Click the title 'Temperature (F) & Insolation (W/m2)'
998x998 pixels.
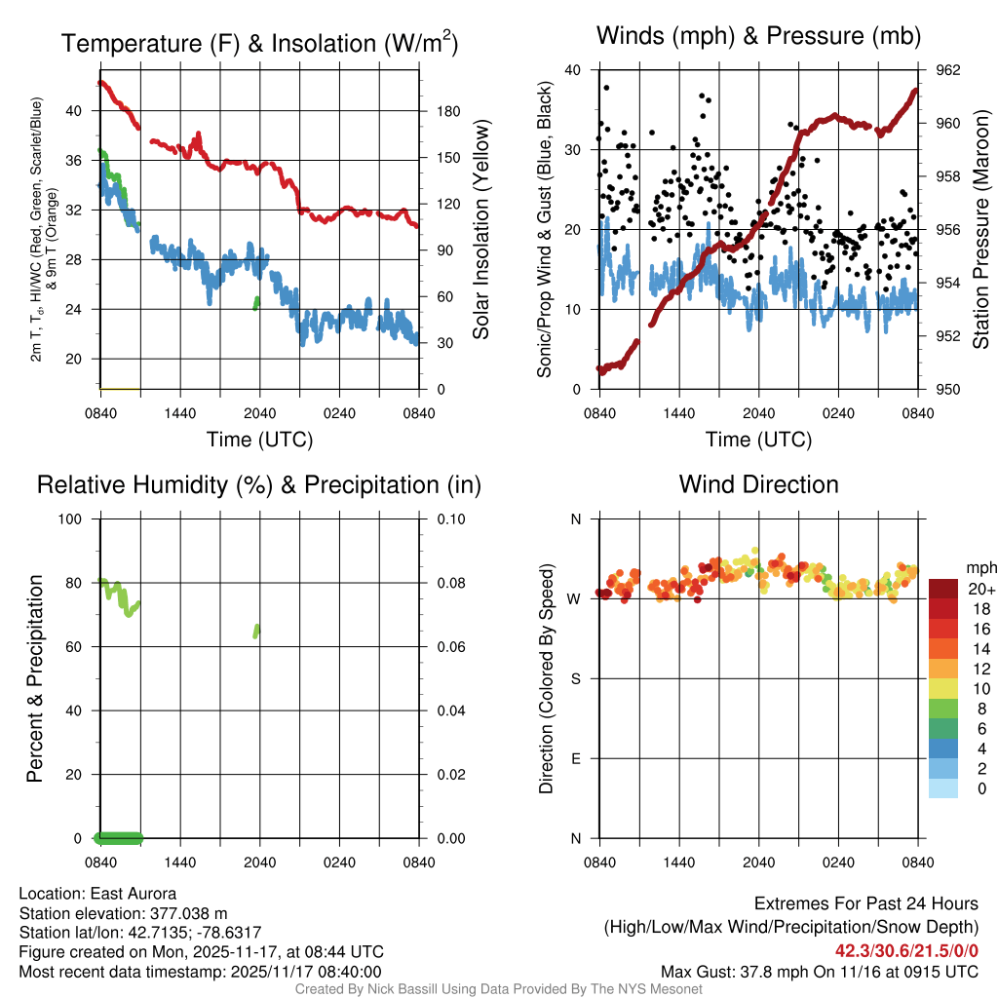point(259,44)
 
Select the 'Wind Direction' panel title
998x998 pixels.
point(758,484)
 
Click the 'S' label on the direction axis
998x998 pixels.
point(576,678)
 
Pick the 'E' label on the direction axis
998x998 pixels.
point(576,758)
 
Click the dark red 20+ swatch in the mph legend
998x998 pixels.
point(942,589)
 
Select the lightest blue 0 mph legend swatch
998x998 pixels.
point(942,789)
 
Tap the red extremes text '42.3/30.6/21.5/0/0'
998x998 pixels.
point(906,951)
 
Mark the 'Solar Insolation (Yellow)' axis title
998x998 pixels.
point(480,230)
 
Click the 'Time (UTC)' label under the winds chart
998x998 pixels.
point(758,440)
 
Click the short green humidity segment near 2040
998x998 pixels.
point(257,631)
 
